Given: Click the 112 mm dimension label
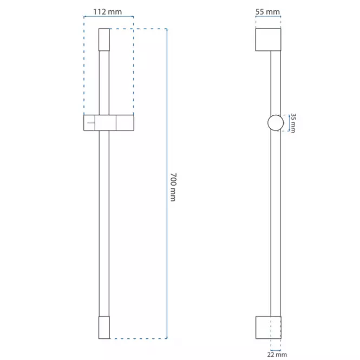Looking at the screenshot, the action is [107, 12].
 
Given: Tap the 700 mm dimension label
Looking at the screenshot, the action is [173, 187].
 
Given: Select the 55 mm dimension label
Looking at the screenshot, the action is [267, 12].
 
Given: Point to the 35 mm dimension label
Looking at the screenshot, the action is [293, 123].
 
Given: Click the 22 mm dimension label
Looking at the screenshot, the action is [277, 355].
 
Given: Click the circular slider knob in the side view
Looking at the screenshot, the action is [276, 123].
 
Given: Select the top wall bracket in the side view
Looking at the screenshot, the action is [268, 40].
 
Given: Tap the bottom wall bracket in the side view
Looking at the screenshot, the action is [269, 328].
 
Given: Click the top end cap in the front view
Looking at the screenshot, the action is [104, 40].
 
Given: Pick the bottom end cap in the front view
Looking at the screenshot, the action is [104, 328].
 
